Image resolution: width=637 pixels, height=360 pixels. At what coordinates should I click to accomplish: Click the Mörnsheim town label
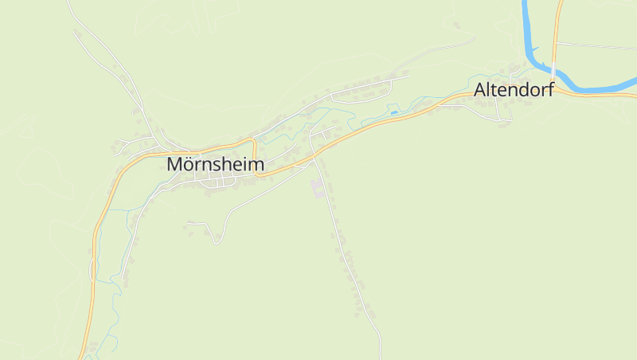(215, 164)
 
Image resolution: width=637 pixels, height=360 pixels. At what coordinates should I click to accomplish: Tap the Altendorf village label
(514, 90)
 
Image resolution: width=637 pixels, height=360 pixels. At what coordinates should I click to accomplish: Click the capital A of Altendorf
(480, 90)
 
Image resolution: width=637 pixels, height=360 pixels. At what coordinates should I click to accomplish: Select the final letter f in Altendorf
(550, 90)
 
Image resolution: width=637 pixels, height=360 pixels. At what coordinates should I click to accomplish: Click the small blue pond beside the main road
(393, 112)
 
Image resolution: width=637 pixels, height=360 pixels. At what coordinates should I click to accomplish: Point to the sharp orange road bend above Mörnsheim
(254, 141)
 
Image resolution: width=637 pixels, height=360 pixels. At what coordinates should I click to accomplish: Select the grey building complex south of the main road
(318, 189)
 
